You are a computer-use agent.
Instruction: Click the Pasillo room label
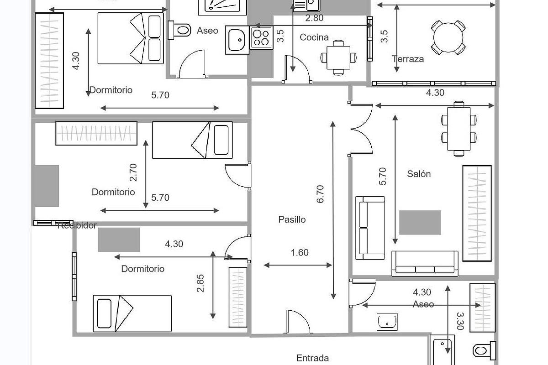pyautogui.click(x=292, y=219)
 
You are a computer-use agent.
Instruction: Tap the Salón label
pyautogui.click(x=418, y=174)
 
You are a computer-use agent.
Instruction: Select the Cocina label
pyautogui.click(x=314, y=37)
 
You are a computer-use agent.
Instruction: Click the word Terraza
pyautogui.click(x=407, y=59)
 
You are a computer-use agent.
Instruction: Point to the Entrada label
pyautogui.click(x=312, y=358)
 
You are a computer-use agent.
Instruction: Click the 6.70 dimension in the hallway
pyautogui.click(x=320, y=193)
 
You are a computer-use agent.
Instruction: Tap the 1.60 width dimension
pyautogui.click(x=300, y=253)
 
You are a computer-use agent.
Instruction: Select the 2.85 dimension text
pyautogui.click(x=200, y=283)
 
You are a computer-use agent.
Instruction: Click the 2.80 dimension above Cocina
pyautogui.click(x=314, y=18)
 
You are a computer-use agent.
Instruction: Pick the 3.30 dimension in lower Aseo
pyautogui.click(x=460, y=321)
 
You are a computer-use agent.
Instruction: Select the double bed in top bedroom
pyautogui.click(x=131, y=38)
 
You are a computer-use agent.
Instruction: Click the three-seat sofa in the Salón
pyautogui.click(x=425, y=264)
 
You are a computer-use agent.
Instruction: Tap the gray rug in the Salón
pyautogui.click(x=420, y=222)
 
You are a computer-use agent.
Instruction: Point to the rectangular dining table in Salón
pyautogui.click(x=458, y=129)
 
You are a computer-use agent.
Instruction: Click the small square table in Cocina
pyautogui.click(x=338, y=57)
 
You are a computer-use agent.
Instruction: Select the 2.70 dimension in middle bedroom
pyautogui.click(x=133, y=172)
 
